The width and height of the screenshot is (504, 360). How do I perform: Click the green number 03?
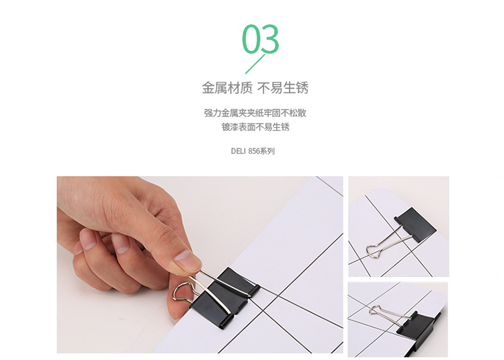(x=260, y=39)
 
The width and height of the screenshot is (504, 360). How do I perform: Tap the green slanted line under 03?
(x=255, y=64)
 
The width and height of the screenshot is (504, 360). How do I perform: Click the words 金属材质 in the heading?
(x=227, y=88)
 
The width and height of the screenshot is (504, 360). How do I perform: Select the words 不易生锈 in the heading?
(x=283, y=88)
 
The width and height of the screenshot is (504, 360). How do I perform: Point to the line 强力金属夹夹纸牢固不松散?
(x=255, y=113)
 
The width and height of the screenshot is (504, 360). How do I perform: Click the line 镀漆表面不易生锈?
(x=255, y=127)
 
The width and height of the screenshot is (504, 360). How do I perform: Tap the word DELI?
(x=238, y=151)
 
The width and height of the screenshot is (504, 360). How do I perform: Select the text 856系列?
(x=261, y=151)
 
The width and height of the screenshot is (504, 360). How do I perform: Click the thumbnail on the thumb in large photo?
(x=186, y=259)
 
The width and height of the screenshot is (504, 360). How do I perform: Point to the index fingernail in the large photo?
(x=121, y=246)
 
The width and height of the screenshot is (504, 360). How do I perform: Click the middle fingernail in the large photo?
(x=88, y=239)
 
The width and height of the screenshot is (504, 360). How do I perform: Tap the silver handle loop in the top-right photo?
(x=373, y=251)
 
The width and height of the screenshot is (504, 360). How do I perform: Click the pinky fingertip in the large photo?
(x=79, y=250)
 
